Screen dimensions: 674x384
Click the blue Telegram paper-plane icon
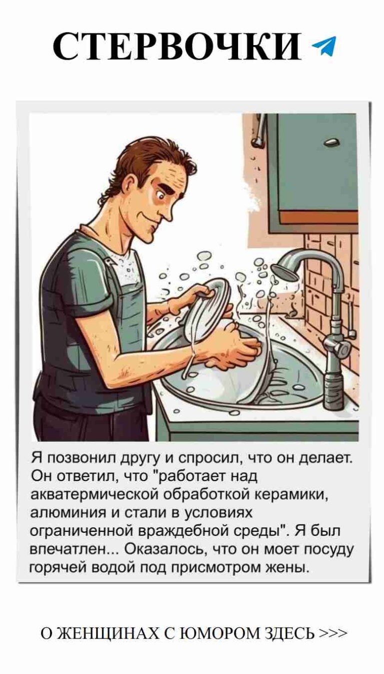pos(324,47)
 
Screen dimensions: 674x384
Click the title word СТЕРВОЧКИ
pos(177,47)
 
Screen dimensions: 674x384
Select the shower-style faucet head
pos(285,270)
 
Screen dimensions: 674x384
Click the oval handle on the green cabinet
pos(331,143)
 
